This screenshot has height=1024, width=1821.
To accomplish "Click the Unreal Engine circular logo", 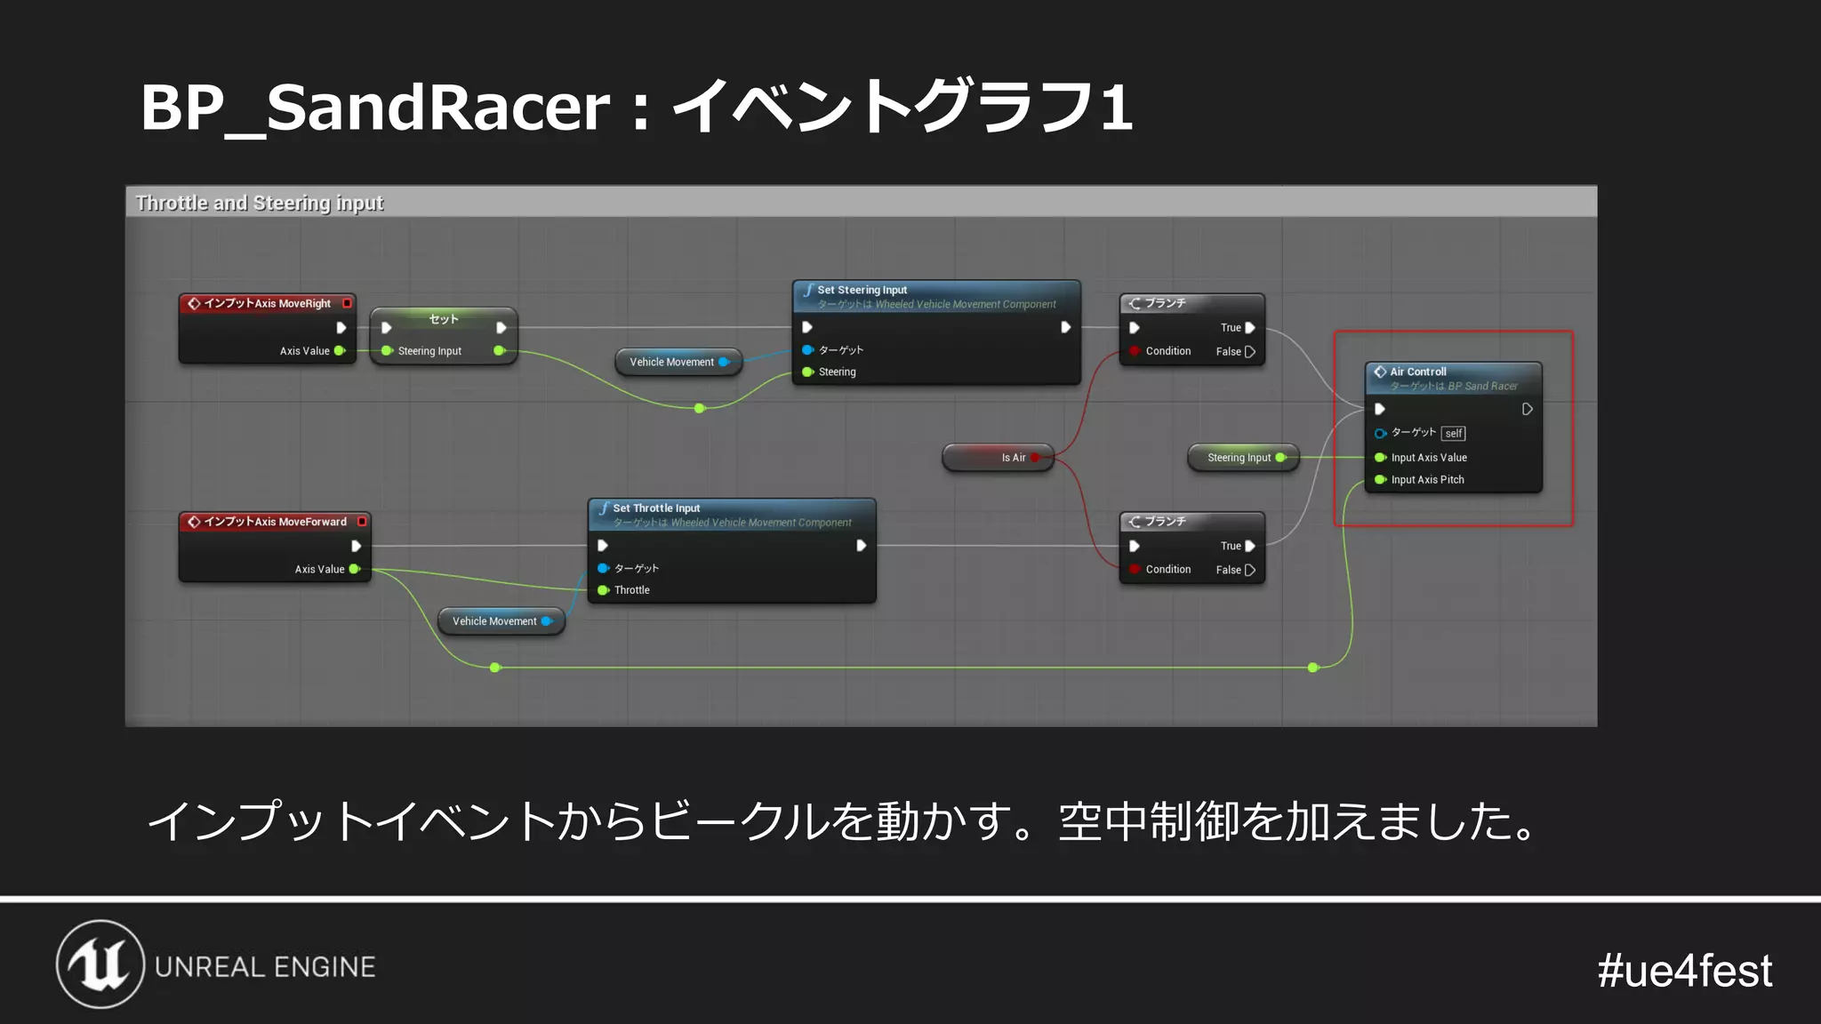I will coord(100,964).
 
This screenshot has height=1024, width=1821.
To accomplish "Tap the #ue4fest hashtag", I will coord(1684,970).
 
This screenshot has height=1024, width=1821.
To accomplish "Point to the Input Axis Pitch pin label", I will coord(1427,480).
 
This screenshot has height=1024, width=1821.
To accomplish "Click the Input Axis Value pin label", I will coord(1429,458).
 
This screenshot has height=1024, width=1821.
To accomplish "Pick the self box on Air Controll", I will coord(1453,434).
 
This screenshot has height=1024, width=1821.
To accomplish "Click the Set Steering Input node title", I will coord(862,290).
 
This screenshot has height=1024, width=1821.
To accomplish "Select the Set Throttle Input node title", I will coord(656,508).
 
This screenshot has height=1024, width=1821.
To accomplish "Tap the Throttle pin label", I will coord(631,590).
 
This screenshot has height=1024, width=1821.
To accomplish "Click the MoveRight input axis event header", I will coord(267,304).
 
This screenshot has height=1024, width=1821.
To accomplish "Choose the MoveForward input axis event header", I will coord(275,522).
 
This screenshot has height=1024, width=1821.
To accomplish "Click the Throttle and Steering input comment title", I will coord(259,203).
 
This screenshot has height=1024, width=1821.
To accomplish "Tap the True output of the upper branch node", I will coord(1237,328).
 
